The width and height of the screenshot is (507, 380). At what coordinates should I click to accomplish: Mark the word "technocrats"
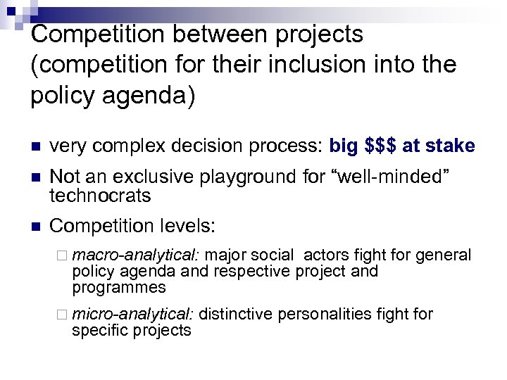click(101, 195)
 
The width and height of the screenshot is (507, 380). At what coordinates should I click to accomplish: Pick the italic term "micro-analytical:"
click(134, 314)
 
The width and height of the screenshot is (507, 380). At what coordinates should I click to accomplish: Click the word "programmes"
click(119, 287)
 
